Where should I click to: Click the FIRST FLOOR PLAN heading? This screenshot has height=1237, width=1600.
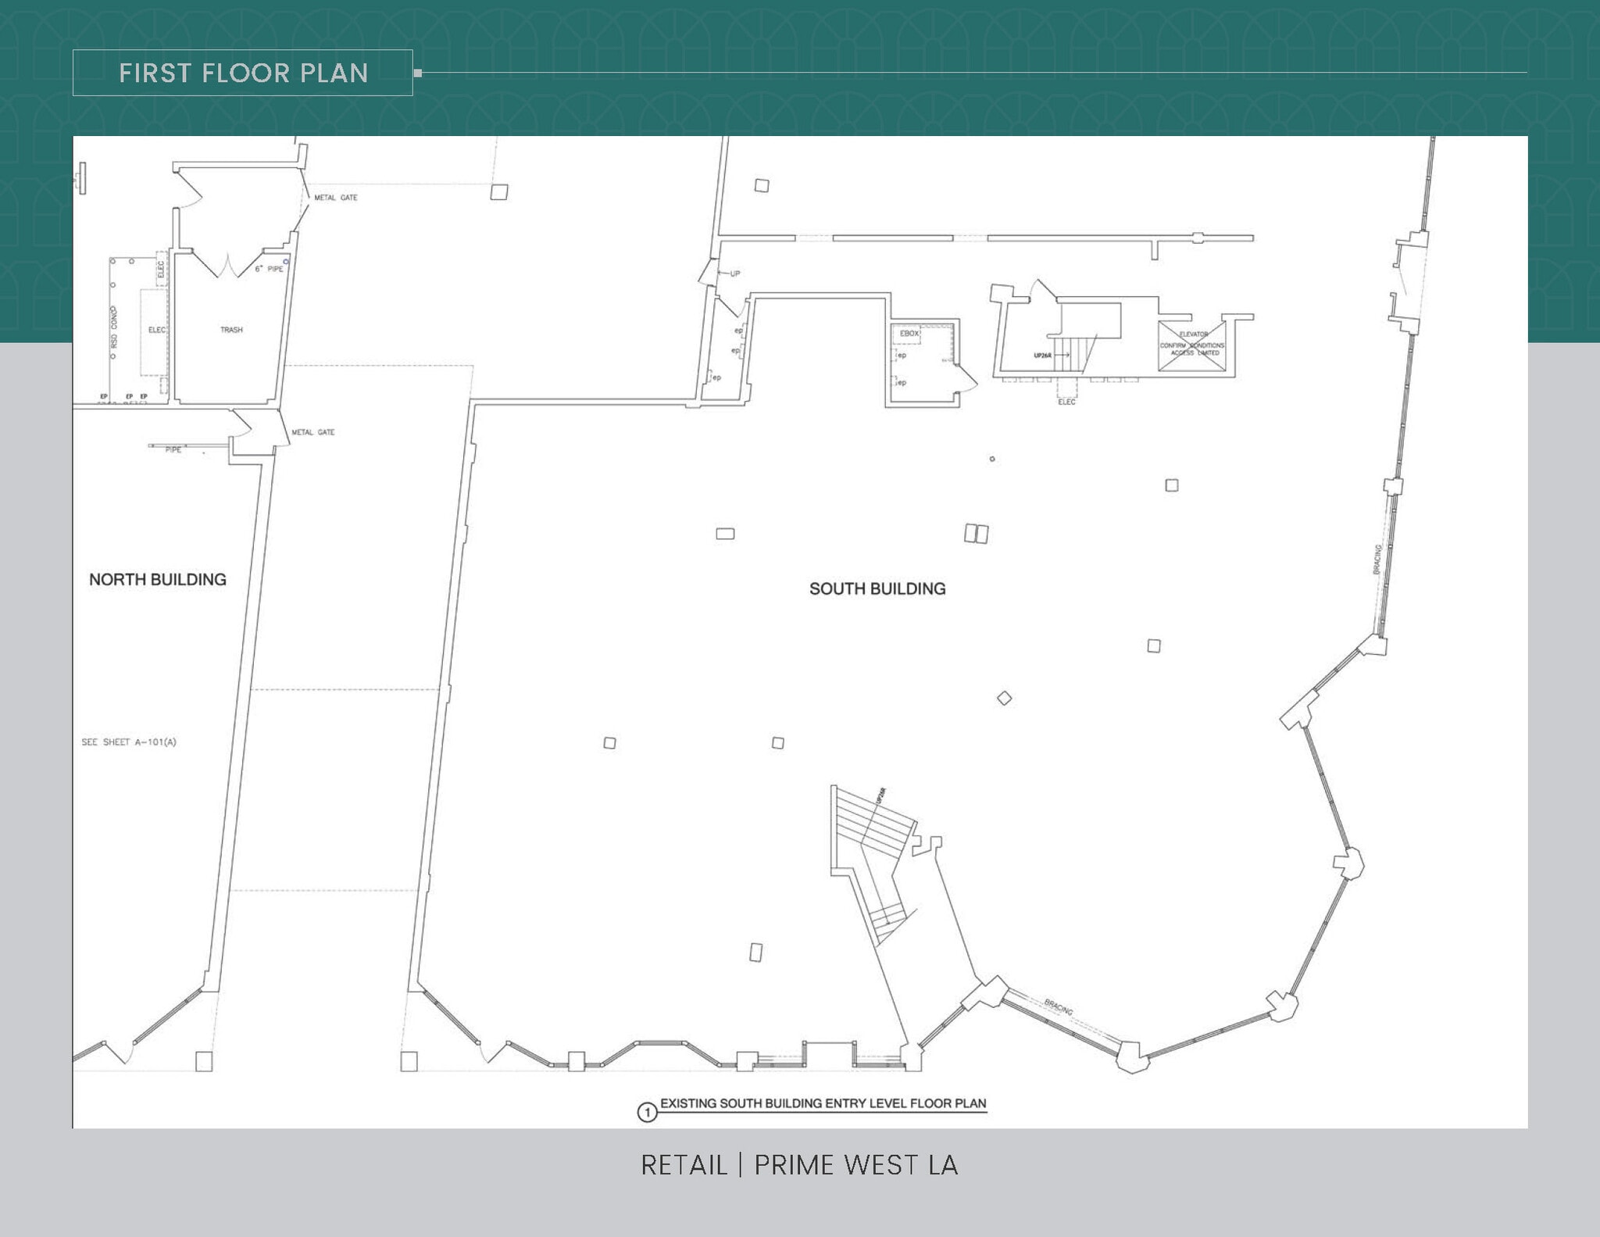click(243, 73)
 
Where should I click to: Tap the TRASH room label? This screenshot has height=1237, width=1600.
click(231, 330)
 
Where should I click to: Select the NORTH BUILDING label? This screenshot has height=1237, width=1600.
click(157, 579)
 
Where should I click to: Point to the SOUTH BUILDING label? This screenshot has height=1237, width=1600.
click(877, 588)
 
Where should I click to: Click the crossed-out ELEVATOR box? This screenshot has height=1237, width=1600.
click(1191, 345)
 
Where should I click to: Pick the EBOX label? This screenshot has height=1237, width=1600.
click(909, 334)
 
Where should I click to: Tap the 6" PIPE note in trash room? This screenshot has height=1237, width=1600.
click(269, 269)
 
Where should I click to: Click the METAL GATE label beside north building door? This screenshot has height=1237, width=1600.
click(312, 432)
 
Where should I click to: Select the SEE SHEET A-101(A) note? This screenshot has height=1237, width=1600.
click(129, 742)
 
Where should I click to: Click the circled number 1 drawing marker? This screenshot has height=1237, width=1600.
click(647, 1112)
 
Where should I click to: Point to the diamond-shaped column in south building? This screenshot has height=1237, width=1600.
click(1005, 698)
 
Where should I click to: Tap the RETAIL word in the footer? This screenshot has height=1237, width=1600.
click(684, 1165)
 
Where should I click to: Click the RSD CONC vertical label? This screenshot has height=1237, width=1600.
click(114, 329)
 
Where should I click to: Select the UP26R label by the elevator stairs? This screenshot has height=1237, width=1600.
click(1042, 355)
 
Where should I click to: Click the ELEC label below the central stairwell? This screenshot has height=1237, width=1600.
click(1066, 402)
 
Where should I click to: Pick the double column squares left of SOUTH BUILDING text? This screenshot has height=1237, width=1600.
click(976, 534)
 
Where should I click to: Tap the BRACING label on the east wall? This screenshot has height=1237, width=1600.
click(1377, 559)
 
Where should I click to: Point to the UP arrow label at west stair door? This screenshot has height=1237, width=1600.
click(734, 273)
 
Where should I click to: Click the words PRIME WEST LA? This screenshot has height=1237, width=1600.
click(855, 1165)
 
